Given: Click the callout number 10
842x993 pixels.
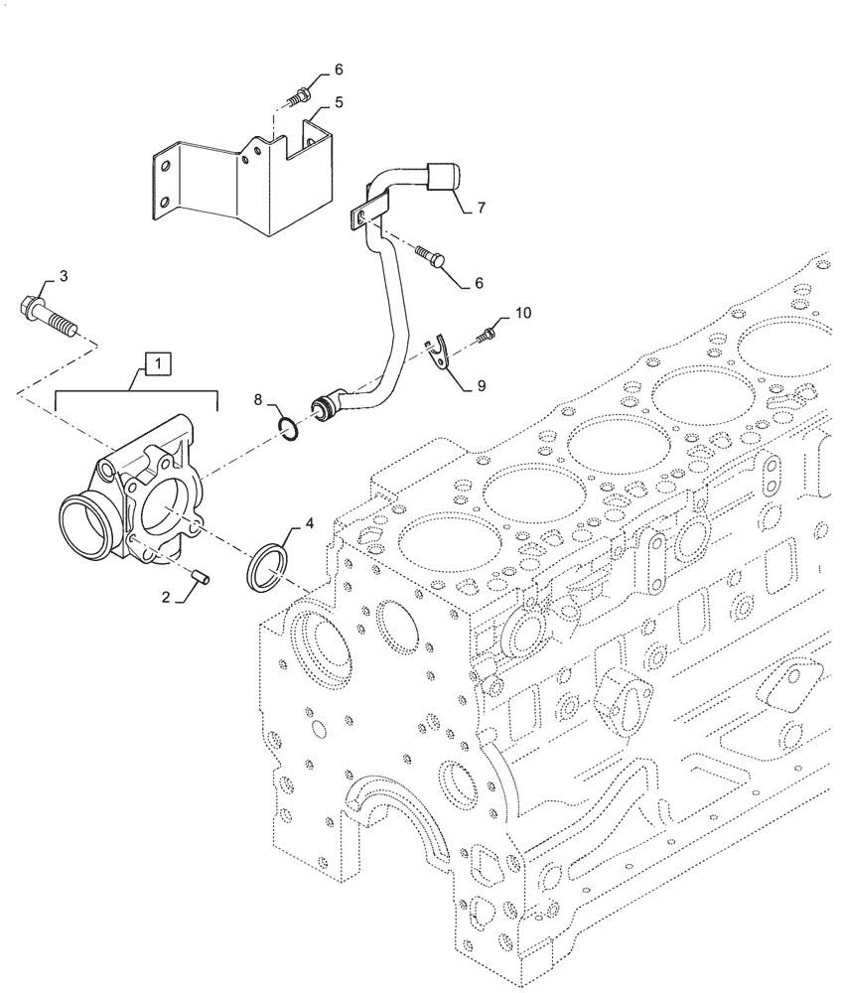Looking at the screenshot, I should click(x=522, y=314).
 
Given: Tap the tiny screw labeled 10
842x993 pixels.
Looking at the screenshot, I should click(x=487, y=333).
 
